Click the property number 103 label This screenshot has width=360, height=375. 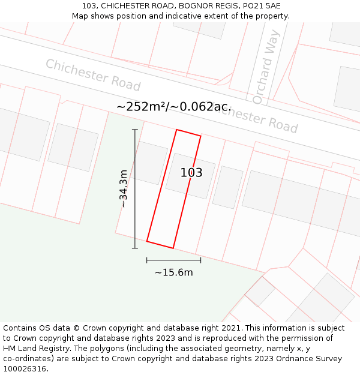pos(191,173)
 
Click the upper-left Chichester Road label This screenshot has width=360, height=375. pos(93,75)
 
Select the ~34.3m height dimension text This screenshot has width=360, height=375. pos(124,189)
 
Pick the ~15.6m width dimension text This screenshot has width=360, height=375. pos(174,272)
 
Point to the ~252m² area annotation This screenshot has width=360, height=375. pos(143,107)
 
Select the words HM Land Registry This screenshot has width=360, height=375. pos(34,349)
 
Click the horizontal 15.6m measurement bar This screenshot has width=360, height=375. pos(173,260)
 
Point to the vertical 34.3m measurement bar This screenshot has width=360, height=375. pos(135,189)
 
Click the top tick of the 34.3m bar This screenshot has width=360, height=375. pos(135,130)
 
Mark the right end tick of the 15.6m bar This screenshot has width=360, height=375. pos(200,260)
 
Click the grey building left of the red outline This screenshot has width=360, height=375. pos(151,163)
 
